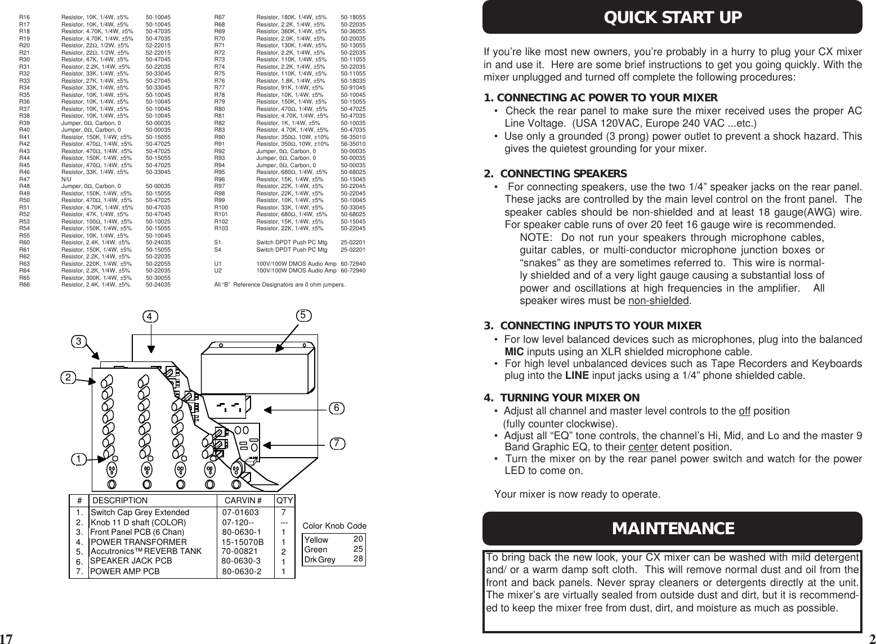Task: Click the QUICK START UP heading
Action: pos(673,17)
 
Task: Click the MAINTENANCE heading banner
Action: pos(673,529)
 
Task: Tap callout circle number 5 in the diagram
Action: pos(303,316)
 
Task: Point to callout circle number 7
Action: pos(337,443)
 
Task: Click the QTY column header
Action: pos(284,500)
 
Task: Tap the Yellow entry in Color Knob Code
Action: pos(316,540)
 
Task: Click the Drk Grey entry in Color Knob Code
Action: pos(319,560)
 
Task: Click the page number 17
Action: pos(6,638)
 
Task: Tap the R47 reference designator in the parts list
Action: pos(24,178)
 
